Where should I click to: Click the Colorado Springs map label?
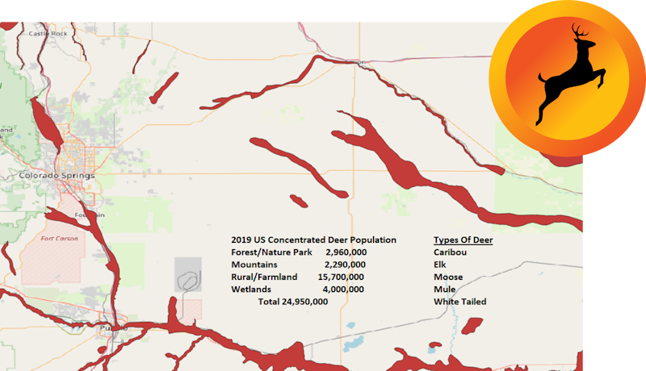click(57, 176)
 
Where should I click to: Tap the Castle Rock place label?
click(48, 34)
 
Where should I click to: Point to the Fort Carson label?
click(58, 239)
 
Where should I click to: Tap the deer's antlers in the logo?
click(579, 34)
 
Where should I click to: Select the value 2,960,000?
click(346, 252)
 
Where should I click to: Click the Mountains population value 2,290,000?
click(345, 265)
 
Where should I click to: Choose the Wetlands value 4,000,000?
click(343, 289)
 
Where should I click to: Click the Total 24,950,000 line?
click(292, 302)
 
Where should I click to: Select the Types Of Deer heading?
click(463, 240)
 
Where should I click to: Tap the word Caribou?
click(450, 252)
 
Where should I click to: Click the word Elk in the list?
click(439, 265)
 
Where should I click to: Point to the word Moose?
click(448, 277)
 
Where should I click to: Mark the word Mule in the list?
click(444, 289)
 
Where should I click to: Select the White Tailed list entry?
click(460, 302)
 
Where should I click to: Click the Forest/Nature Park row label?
click(272, 252)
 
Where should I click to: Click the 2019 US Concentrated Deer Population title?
click(313, 240)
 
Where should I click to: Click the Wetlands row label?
click(251, 289)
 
